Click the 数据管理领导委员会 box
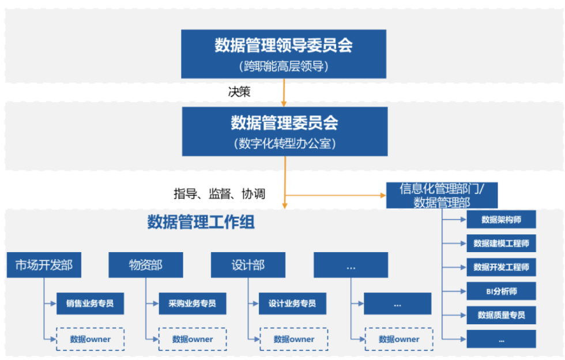284,54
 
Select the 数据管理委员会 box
284,131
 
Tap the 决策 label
239,92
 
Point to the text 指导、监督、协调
219,194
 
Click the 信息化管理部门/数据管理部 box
442,195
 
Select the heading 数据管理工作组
201,222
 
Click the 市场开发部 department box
44,265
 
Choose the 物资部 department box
146,265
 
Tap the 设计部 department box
248,265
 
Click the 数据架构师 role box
501,219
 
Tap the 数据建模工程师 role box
501,243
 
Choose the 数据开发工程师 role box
501,267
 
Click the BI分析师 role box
501,291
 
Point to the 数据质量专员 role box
501,315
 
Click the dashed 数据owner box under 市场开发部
90,339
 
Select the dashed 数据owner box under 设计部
293,339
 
